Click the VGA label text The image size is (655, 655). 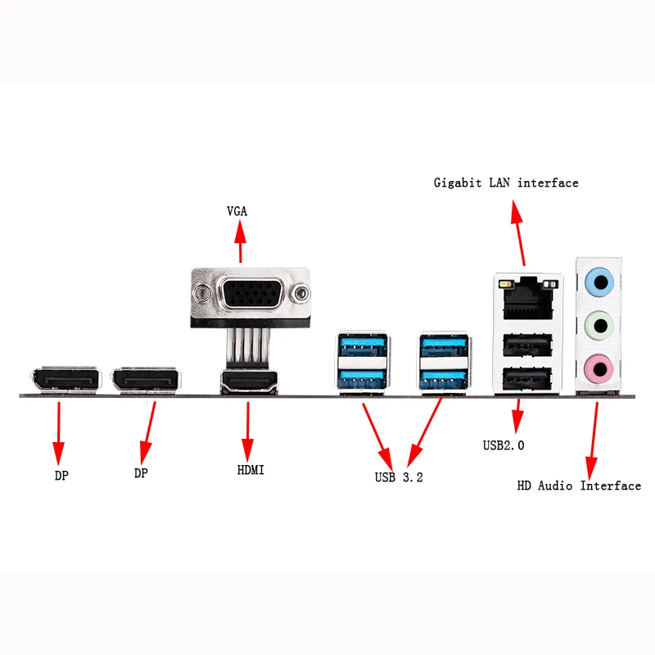(237, 211)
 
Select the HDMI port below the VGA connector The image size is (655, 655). (249, 382)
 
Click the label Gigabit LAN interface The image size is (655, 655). (506, 183)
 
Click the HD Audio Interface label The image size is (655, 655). (579, 486)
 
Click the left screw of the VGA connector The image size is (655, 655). (201, 292)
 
